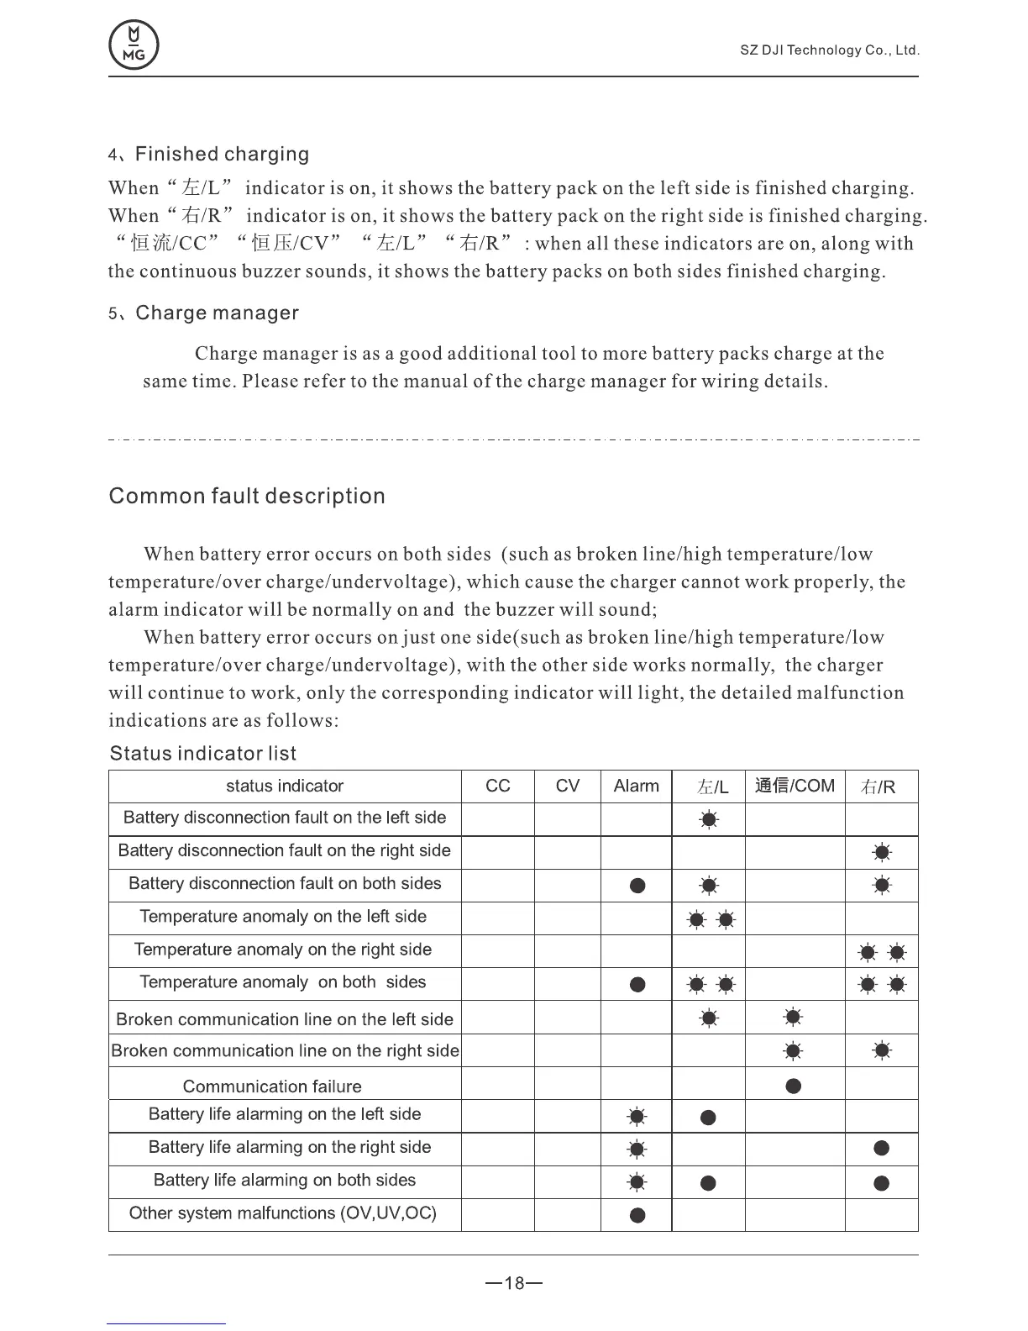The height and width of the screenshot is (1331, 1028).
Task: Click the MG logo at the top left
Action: [x=134, y=45]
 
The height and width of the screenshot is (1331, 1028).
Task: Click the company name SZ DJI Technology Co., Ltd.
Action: [x=829, y=50]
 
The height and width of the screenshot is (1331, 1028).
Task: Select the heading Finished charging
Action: [x=221, y=155]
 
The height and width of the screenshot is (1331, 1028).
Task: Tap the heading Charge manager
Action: [x=217, y=313]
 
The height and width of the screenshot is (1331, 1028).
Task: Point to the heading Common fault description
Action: [x=247, y=497]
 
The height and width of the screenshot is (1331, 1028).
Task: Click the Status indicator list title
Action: [x=202, y=754]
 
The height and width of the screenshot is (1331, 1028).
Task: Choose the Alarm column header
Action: [x=636, y=786]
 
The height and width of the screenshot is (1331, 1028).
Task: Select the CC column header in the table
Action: [x=498, y=786]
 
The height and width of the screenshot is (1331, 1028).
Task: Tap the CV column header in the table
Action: [x=568, y=786]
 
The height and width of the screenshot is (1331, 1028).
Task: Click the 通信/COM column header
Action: [x=795, y=786]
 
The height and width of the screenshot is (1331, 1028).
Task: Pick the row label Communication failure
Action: [x=272, y=1086]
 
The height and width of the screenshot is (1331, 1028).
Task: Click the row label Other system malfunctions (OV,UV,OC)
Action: [x=283, y=1213]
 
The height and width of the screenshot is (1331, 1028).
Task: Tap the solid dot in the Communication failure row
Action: [x=794, y=1086]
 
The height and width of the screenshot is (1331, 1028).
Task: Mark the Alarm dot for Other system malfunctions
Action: [x=637, y=1215]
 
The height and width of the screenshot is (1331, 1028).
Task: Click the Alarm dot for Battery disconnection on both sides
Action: [x=637, y=886]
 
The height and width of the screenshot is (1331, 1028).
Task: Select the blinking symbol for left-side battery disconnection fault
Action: [x=709, y=820]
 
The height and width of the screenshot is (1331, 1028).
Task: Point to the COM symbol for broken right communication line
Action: [x=793, y=1051]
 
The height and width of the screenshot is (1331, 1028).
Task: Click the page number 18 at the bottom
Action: [x=514, y=1284]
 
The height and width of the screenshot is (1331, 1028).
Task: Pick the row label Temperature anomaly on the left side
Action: [x=283, y=917]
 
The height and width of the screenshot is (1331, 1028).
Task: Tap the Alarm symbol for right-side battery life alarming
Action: [x=637, y=1149]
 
